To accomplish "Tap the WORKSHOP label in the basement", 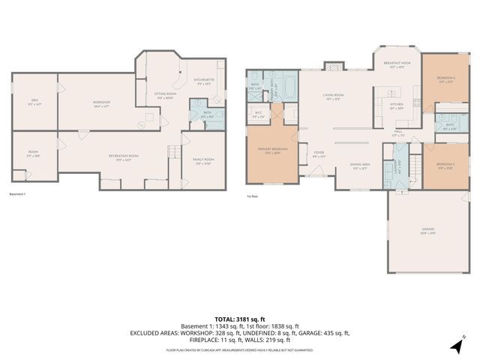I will [x=101, y=103].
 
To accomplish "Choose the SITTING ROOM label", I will [x=165, y=95].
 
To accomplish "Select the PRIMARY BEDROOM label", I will [x=273, y=150].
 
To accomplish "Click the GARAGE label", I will [x=428, y=229].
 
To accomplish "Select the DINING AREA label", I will [x=360, y=166].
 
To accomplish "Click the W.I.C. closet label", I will [x=258, y=115].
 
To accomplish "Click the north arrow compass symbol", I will [x=457, y=344].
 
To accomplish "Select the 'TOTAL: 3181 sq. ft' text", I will [x=239, y=319].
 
